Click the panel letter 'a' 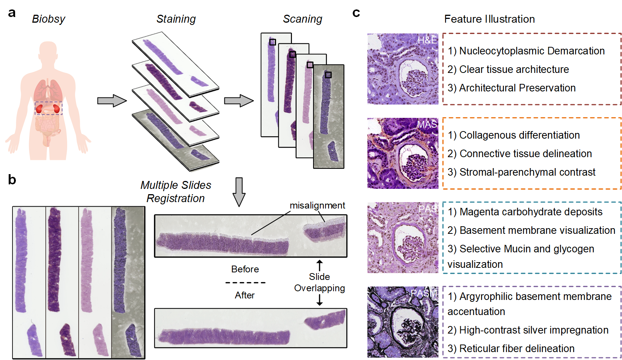click(12, 13)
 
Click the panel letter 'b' click(12, 180)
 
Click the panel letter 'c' click(356, 13)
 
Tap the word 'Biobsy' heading click(48, 19)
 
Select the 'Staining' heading click(176, 19)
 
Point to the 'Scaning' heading click(303, 19)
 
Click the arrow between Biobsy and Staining click(112, 101)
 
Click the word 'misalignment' click(317, 205)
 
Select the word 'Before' click(245, 269)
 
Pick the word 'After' click(245, 295)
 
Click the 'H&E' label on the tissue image click(427, 40)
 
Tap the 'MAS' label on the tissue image click(427, 124)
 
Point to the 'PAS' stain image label click(428, 209)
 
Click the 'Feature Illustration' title click(489, 19)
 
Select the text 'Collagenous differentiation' click(519, 135)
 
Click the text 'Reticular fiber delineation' click(517, 349)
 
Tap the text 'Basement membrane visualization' click(537, 230)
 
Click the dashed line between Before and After click(245, 283)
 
